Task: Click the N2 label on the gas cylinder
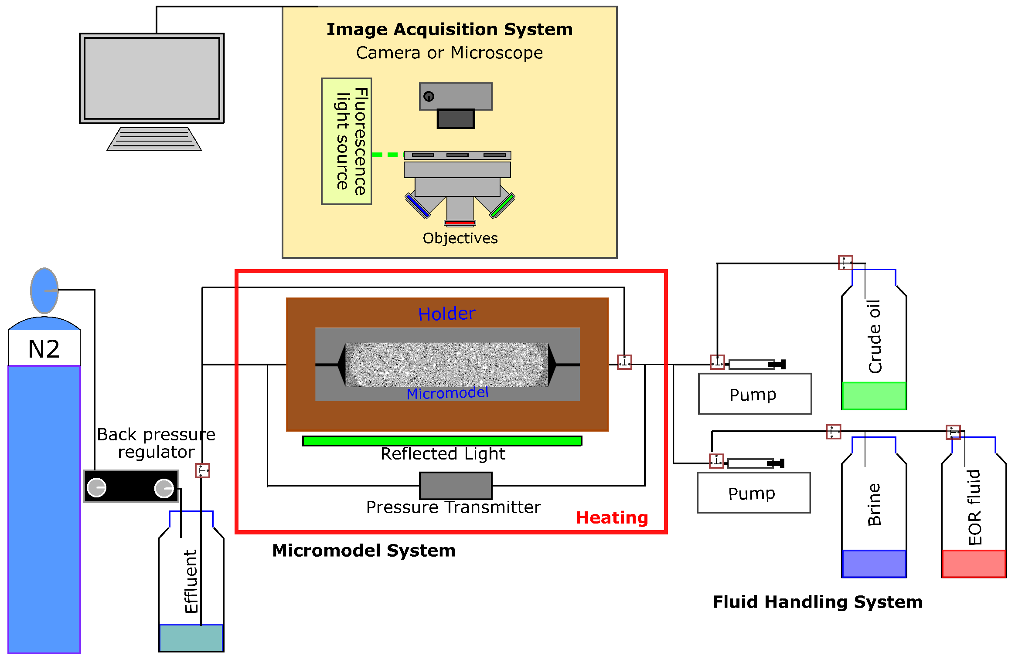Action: pyautogui.click(x=44, y=349)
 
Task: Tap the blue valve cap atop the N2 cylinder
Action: pyautogui.click(x=44, y=291)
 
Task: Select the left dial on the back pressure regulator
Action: pyautogui.click(x=96, y=487)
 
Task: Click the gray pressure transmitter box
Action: pyautogui.click(x=456, y=486)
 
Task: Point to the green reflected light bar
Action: pyautogui.click(x=442, y=441)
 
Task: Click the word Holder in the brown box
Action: pyautogui.click(x=446, y=314)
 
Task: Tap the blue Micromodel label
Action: pyautogui.click(x=447, y=393)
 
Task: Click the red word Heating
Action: pyautogui.click(x=612, y=518)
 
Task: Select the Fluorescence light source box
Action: pyautogui.click(x=347, y=141)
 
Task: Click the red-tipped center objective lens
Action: pyautogui.click(x=460, y=212)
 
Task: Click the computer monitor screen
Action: pyautogui.click(x=152, y=78)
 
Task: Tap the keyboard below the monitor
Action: pyautogui.click(x=154, y=139)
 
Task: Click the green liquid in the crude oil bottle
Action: pyautogui.click(x=874, y=396)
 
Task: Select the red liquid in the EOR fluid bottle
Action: pyautogui.click(x=974, y=564)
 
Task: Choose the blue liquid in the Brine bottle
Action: pyautogui.click(x=874, y=564)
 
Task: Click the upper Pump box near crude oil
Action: pyautogui.click(x=755, y=394)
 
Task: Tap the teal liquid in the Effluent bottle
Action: pyautogui.click(x=191, y=638)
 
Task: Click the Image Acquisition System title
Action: pyautogui.click(x=450, y=30)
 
